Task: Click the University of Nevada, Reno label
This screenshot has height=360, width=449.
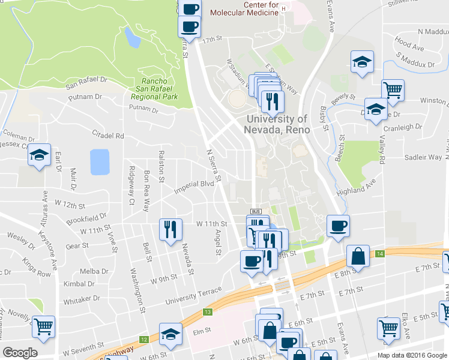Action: pos(277,124)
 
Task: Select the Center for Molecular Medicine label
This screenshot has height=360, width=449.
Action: pos(261,10)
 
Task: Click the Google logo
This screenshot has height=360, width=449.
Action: pos(20,353)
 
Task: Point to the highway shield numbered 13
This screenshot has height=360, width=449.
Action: pos(207,312)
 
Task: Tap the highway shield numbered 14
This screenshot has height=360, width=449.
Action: pos(380,254)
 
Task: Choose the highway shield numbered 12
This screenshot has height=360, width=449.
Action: pos(143,340)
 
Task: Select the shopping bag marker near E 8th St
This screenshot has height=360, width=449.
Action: pos(358,256)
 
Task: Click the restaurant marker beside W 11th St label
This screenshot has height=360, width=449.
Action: pos(170,229)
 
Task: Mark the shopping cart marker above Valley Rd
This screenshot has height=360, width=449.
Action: pos(393,91)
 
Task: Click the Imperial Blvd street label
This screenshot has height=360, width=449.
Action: pos(194,187)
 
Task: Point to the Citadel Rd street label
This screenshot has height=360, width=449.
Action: pos(107,135)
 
